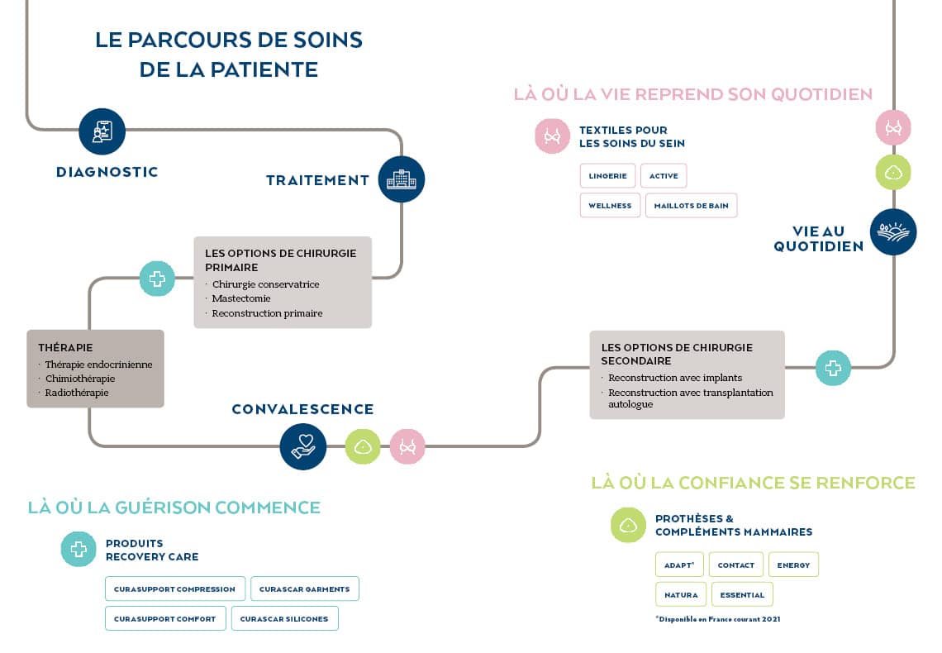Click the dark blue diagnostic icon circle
click(102, 131)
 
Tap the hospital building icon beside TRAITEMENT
click(402, 179)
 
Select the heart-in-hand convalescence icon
click(303, 446)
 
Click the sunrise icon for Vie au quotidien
click(893, 232)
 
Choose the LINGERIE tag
click(607, 176)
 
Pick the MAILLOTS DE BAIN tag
click(691, 206)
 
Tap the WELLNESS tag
click(610, 206)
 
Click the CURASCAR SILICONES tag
click(284, 618)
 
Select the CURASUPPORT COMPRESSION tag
click(174, 589)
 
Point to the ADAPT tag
click(679, 565)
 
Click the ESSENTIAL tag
click(741, 594)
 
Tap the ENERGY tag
click(793, 565)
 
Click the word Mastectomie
click(241, 298)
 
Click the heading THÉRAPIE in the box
click(65, 348)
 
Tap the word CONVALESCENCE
click(302, 409)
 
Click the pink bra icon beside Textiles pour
click(553, 136)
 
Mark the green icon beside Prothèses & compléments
click(628, 525)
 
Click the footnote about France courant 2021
click(717, 619)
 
